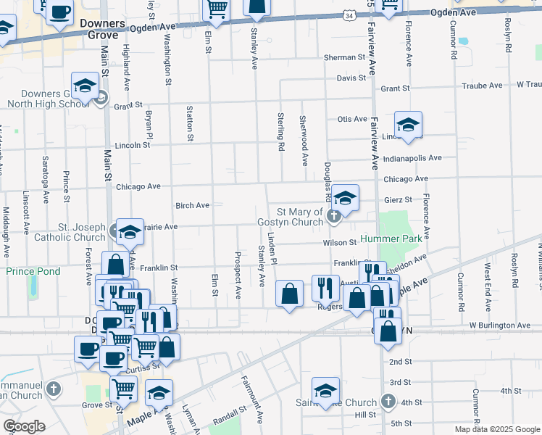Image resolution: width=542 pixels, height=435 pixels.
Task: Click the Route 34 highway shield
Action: click(x=351, y=14)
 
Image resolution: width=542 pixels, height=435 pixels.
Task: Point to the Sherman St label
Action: click(x=344, y=57)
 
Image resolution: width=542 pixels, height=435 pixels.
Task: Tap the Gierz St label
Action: click(x=399, y=199)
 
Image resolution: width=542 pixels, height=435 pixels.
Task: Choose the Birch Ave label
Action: click(x=193, y=205)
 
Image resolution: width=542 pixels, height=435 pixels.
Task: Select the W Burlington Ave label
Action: click(x=501, y=326)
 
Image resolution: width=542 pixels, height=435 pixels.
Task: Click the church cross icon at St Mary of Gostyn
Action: click(x=333, y=215)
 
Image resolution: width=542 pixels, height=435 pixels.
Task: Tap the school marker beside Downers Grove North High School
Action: click(x=85, y=86)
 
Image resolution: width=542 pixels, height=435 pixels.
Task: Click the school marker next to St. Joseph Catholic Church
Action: click(x=130, y=232)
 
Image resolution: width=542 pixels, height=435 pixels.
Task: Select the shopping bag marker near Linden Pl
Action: click(x=289, y=294)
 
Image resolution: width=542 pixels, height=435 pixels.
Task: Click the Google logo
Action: click(x=24, y=426)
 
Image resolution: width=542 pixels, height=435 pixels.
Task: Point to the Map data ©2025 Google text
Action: click(x=496, y=429)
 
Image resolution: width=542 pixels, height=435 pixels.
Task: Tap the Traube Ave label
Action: click(x=484, y=86)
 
